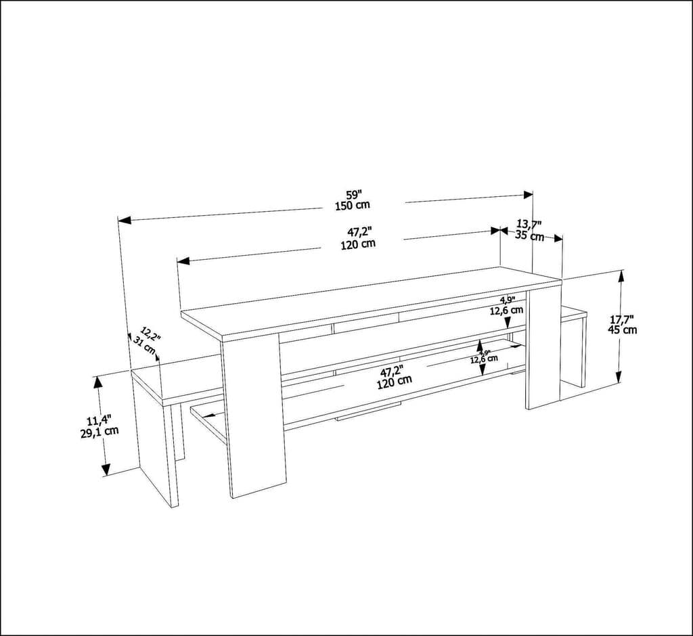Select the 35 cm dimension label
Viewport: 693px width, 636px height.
(530, 236)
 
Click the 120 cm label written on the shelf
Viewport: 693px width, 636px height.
(395, 381)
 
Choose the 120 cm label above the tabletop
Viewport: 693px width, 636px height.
(358, 244)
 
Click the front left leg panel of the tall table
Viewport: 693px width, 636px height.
(254, 416)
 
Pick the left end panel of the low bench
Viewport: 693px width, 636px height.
(154, 440)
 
